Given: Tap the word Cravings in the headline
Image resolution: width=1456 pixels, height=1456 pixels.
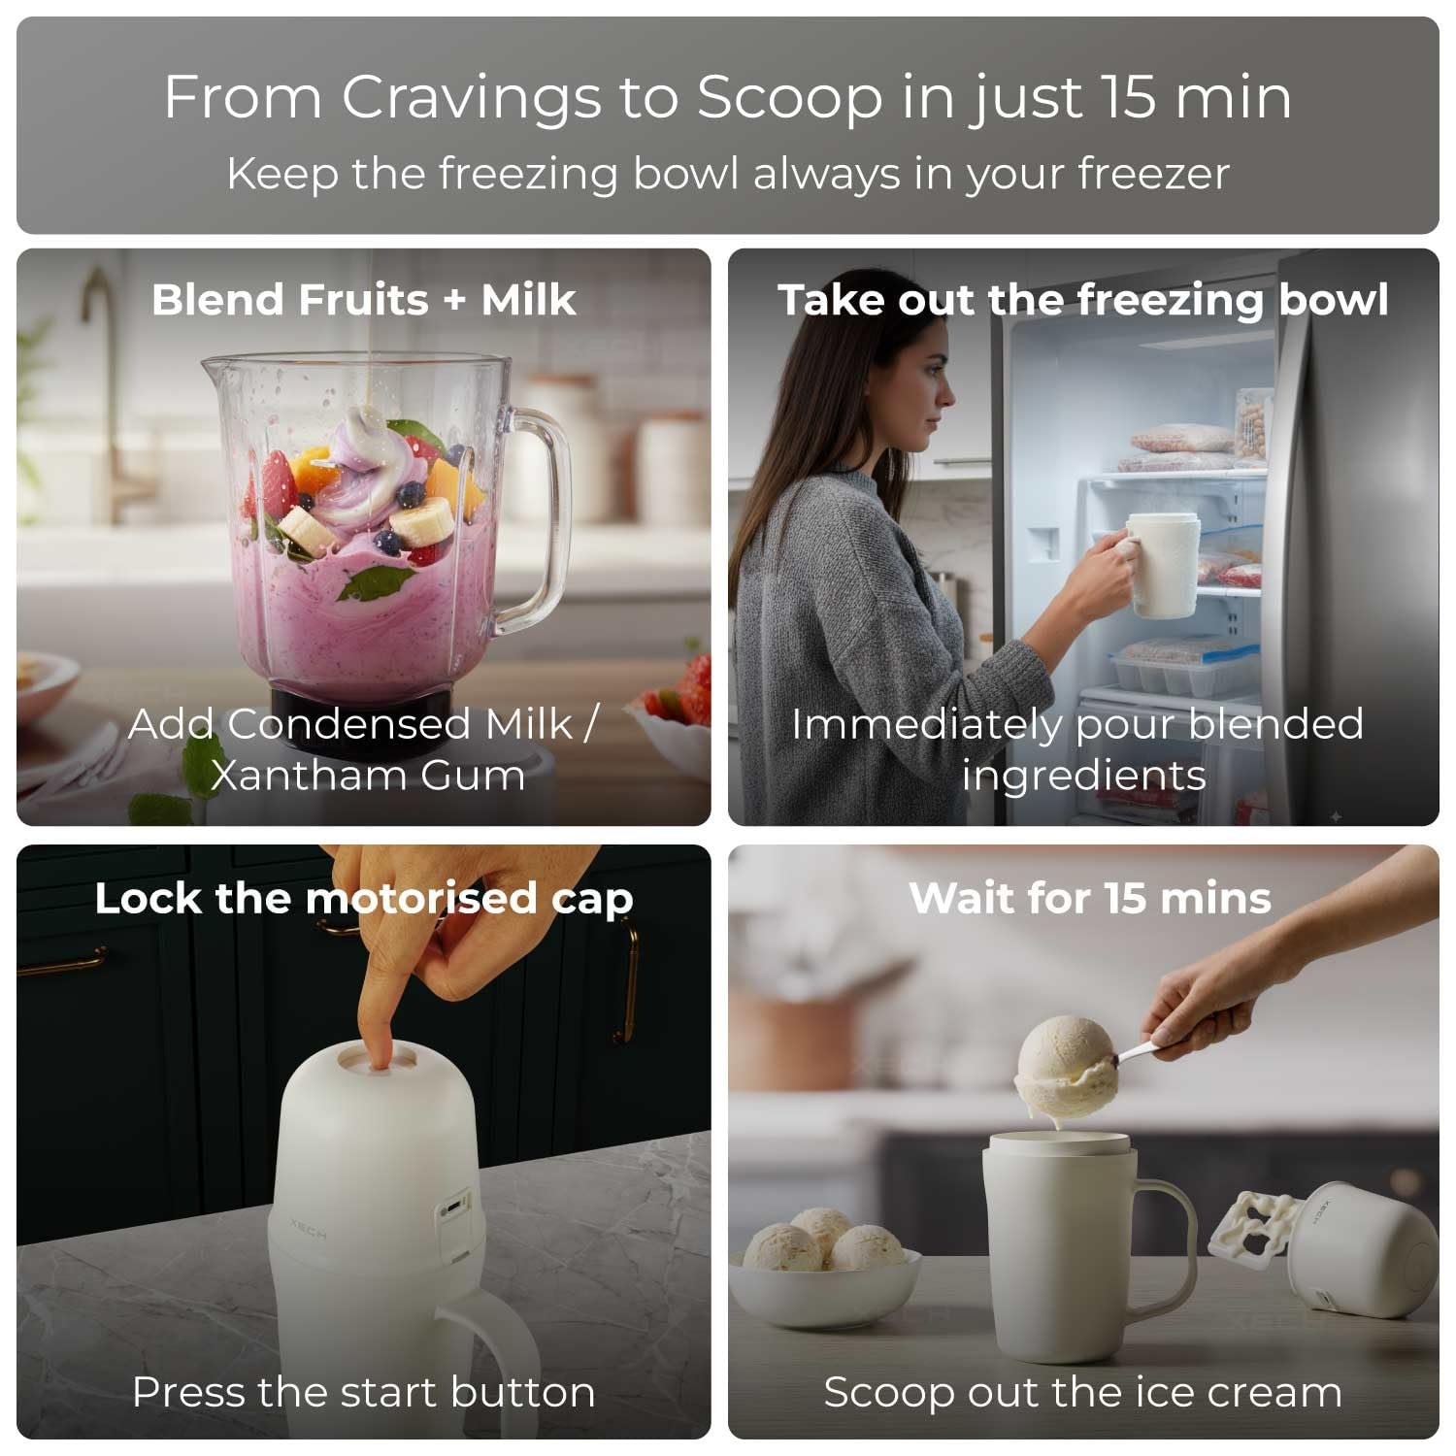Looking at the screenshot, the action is coord(470,99).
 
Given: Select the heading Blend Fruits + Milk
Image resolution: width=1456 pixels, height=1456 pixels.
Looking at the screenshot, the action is coord(364,299).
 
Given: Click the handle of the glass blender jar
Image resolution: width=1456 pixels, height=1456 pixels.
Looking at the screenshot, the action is coord(536,514).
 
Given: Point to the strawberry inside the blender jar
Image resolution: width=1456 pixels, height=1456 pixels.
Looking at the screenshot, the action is coord(278,483).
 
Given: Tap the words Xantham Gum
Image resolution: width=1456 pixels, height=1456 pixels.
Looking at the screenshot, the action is coord(367,776).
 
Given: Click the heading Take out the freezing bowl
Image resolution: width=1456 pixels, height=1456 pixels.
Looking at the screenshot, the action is coord(1083,300).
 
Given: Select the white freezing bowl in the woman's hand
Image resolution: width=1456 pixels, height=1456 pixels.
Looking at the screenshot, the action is coord(1162,565).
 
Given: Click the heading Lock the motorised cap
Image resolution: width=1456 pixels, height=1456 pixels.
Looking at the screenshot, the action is coord(364,899).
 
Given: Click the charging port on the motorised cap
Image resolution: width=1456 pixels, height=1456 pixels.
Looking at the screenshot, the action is coord(452,1210).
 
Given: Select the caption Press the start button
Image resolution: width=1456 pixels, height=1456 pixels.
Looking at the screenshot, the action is coord(364,1392).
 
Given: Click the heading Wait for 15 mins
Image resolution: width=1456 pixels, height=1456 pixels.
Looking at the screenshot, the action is coord(1090,899).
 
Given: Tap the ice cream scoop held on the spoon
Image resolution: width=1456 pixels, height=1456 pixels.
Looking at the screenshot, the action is coord(1065,1068).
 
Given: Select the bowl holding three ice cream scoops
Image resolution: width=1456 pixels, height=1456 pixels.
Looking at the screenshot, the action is coord(825,1286).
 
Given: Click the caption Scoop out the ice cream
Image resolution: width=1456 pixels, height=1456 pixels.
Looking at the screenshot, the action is coord(1083,1392).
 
